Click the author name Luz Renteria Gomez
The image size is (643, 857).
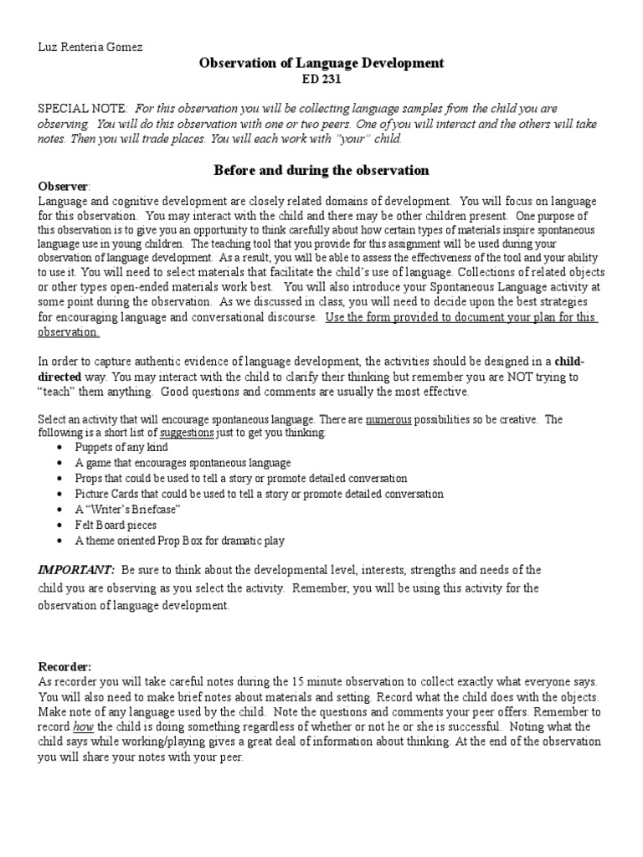90,48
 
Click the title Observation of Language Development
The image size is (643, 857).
321,63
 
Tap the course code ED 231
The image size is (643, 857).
321,80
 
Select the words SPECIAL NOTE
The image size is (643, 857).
82,110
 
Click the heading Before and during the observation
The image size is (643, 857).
321,170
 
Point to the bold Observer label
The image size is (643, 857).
63,185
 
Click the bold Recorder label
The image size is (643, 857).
64,666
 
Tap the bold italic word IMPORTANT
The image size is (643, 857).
69,570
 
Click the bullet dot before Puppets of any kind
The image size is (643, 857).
60,449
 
